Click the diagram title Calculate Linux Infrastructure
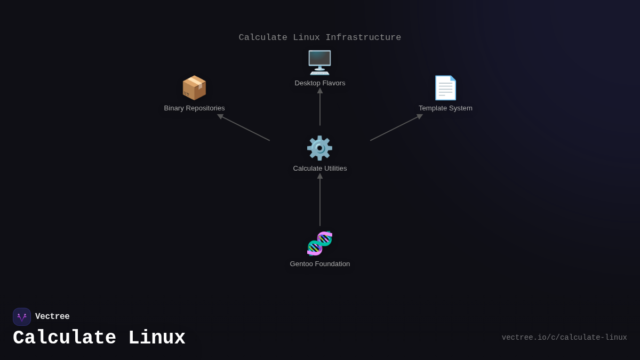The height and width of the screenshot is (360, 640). click(320, 37)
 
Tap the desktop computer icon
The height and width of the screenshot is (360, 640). click(319, 62)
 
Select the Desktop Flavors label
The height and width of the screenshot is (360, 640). click(320, 83)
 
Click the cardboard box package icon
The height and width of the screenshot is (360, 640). click(194, 87)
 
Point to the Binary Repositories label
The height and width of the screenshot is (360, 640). click(194, 108)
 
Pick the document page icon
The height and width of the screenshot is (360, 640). click(445, 87)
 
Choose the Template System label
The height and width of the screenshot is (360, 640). click(445, 108)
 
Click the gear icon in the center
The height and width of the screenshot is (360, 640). click(319, 148)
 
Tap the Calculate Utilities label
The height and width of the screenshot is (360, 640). click(320, 169)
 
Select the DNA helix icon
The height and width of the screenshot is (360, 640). click(319, 243)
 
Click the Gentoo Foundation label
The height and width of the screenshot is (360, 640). click(320, 264)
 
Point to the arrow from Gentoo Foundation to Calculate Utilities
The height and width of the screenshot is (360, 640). click(320, 200)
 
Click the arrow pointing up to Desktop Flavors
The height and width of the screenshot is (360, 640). click(320, 107)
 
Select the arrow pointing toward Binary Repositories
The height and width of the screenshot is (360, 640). click(244, 127)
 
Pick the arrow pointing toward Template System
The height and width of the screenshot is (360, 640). click(396, 127)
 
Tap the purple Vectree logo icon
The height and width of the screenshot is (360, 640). click(22, 317)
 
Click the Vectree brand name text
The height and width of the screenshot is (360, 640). click(52, 317)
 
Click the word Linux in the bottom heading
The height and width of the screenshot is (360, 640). click(157, 338)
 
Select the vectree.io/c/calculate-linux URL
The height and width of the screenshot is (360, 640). click(564, 338)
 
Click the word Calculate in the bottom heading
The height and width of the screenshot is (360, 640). click(65, 338)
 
